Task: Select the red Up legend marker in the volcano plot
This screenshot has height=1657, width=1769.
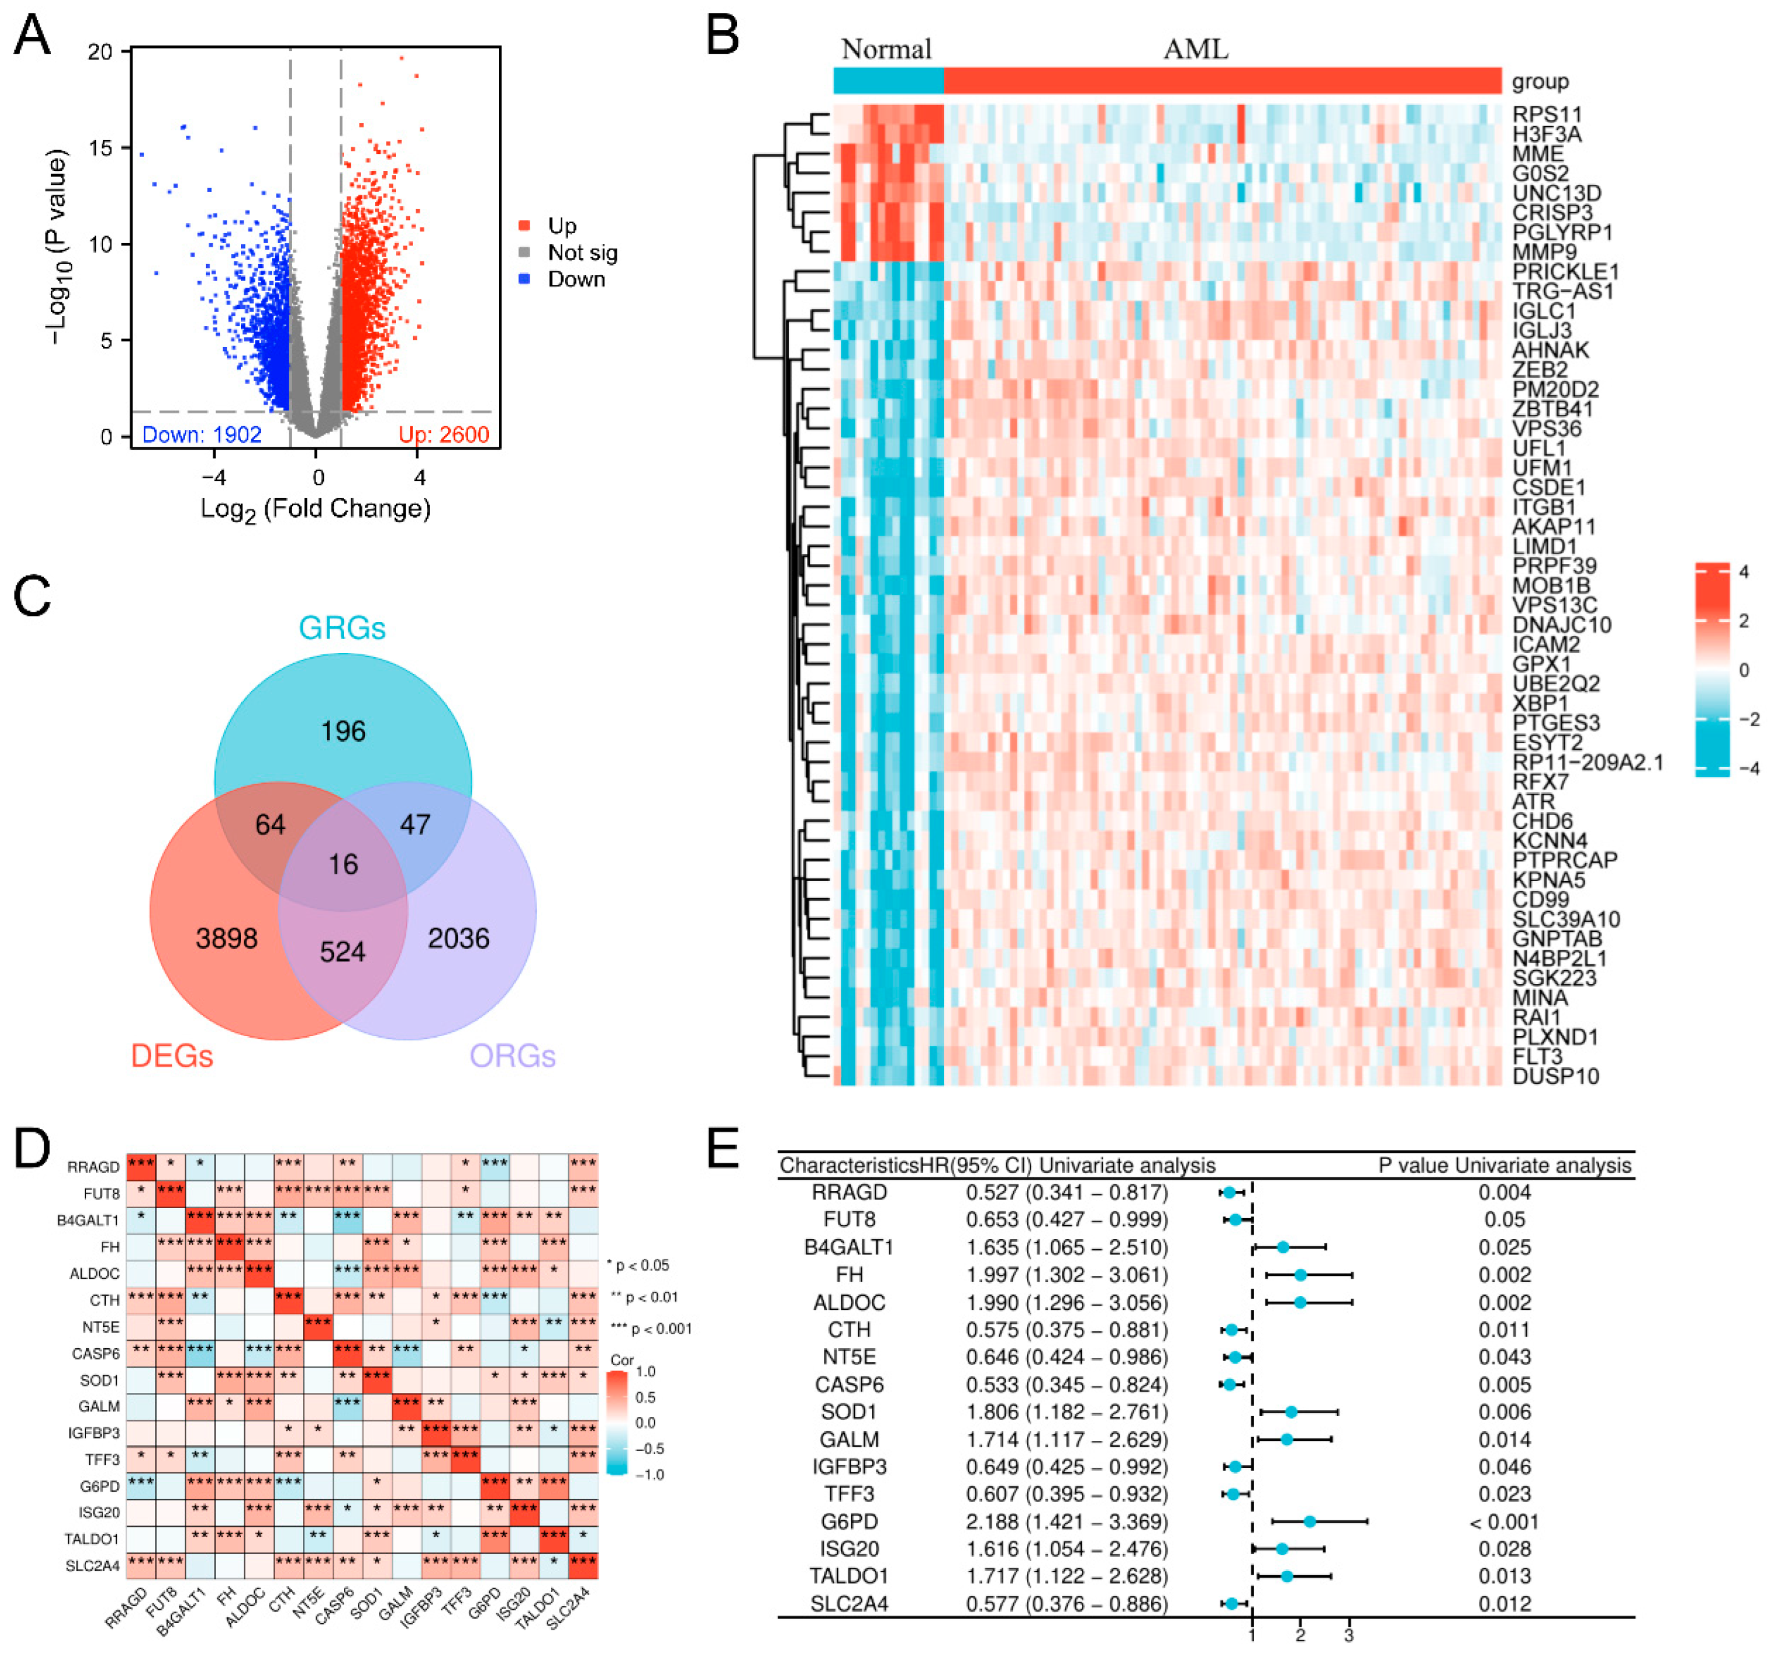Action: pyautogui.click(x=525, y=226)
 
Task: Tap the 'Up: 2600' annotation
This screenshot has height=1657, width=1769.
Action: pyautogui.click(x=443, y=434)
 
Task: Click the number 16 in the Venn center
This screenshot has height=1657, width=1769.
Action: pyautogui.click(x=343, y=864)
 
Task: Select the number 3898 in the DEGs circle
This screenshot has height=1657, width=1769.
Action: pyautogui.click(x=226, y=938)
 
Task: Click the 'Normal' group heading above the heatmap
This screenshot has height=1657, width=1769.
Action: pyautogui.click(x=886, y=49)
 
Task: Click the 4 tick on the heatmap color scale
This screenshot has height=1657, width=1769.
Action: pyautogui.click(x=1743, y=572)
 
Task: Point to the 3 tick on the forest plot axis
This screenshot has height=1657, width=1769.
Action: pyautogui.click(x=1349, y=1636)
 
